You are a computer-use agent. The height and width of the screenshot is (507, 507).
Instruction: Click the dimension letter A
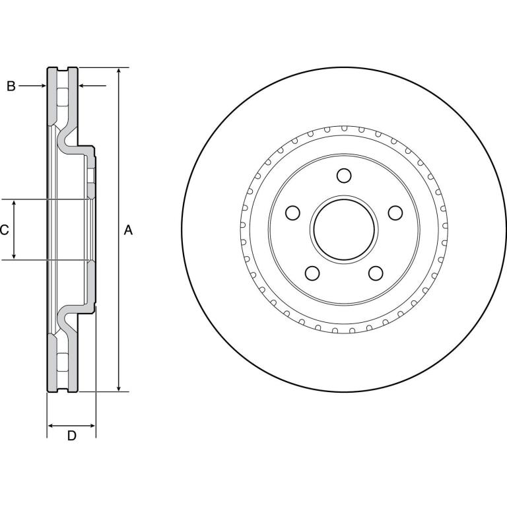click(128, 230)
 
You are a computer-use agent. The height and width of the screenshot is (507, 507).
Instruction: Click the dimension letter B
click(11, 86)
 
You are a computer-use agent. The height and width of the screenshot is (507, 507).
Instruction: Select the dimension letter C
click(4, 230)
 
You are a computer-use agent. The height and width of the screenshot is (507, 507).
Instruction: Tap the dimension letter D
click(72, 436)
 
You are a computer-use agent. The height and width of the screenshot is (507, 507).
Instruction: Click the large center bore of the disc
click(344, 229)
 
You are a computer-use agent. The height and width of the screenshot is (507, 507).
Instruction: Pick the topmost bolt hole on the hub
click(344, 176)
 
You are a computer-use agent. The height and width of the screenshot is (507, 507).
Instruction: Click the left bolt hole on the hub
click(293, 213)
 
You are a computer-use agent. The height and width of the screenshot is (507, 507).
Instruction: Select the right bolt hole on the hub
click(395, 213)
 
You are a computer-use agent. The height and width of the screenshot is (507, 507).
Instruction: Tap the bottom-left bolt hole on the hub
click(312, 273)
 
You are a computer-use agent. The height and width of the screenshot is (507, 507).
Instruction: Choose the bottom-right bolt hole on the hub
click(376, 273)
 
